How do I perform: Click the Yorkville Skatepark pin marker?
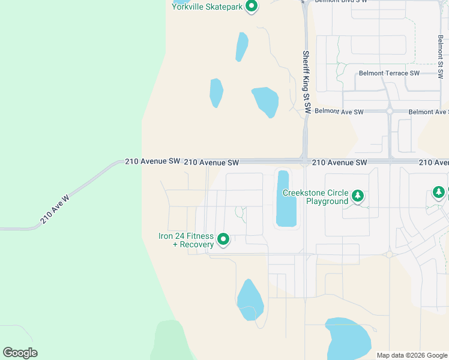pos(252,7)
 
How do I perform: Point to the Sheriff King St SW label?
pos(306,82)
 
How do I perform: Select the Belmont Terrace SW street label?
pos(389,73)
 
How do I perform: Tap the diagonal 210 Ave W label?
pos(55,209)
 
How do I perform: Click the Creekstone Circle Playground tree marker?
pos(358,196)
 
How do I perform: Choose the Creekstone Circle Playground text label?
pos(315,197)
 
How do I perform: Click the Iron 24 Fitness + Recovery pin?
pos(223,239)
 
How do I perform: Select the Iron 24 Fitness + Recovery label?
pos(186,240)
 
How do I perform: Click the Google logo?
pos(20,353)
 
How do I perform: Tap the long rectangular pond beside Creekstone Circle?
pos(286,199)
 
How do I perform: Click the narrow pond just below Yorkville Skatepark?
pos(242,46)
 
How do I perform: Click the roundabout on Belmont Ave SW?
pos(390,111)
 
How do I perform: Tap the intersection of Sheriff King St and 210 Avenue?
pos(306,161)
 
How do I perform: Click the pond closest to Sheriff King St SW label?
pos(265,101)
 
